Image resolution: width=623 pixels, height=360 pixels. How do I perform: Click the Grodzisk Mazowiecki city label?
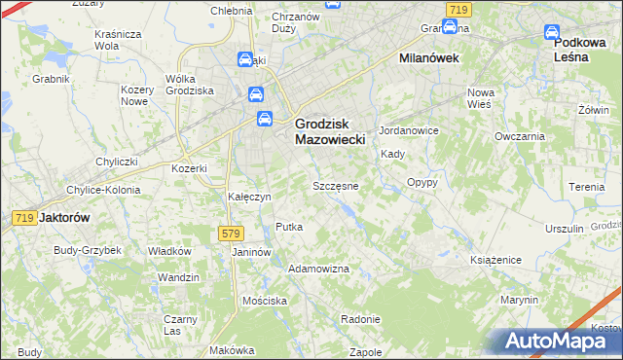click(329, 132)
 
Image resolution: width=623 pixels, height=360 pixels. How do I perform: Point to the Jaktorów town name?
click(63, 219)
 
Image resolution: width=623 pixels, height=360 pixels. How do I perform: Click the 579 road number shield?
click(231, 234)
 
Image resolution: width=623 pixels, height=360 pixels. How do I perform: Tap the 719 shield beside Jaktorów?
click(25, 218)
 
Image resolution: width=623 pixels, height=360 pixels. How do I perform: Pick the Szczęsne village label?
click(335, 185)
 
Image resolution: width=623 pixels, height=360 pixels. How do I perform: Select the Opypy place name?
click(421, 182)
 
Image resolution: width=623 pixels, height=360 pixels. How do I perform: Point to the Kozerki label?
click(190, 168)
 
